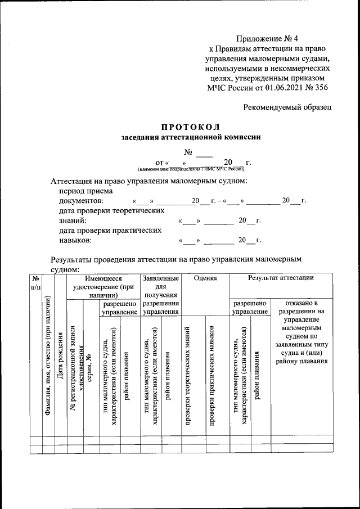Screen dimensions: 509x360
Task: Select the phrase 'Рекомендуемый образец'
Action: tap(287, 106)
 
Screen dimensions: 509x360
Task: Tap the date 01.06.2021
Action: tap(280, 88)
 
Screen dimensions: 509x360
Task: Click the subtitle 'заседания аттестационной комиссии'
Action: tap(191, 137)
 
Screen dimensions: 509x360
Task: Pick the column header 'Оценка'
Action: tap(205, 278)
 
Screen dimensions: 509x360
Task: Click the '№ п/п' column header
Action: tap(35, 282)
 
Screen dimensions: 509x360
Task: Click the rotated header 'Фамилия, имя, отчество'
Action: tap(49, 366)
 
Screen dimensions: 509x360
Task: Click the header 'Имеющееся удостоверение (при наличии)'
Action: tap(103, 286)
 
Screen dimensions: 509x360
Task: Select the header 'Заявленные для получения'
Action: tap(161, 286)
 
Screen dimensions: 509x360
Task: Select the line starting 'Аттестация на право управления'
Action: tap(149, 181)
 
